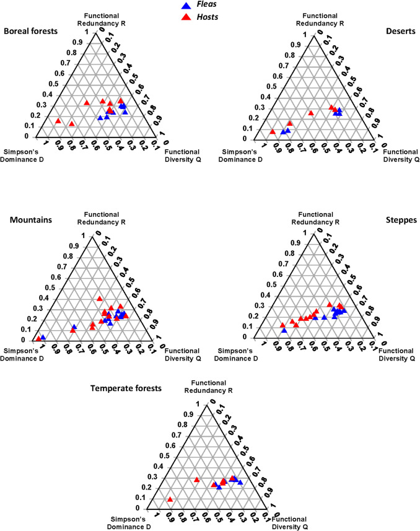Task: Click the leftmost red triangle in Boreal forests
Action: click(x=58, y=121)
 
